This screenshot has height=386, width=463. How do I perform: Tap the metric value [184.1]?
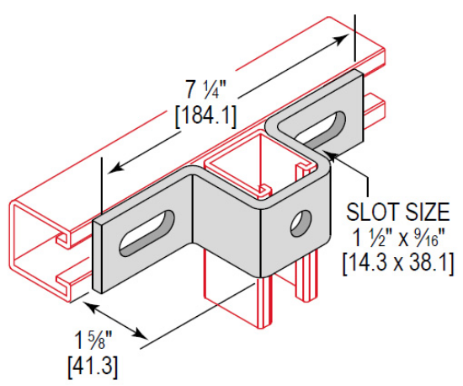pyautogui.click(x=205, y=115)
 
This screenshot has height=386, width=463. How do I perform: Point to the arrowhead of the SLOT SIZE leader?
pyautogui.click(x=328, y=152)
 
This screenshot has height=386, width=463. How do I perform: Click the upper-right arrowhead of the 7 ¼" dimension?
pyautogui.click(x=347, y=37)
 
